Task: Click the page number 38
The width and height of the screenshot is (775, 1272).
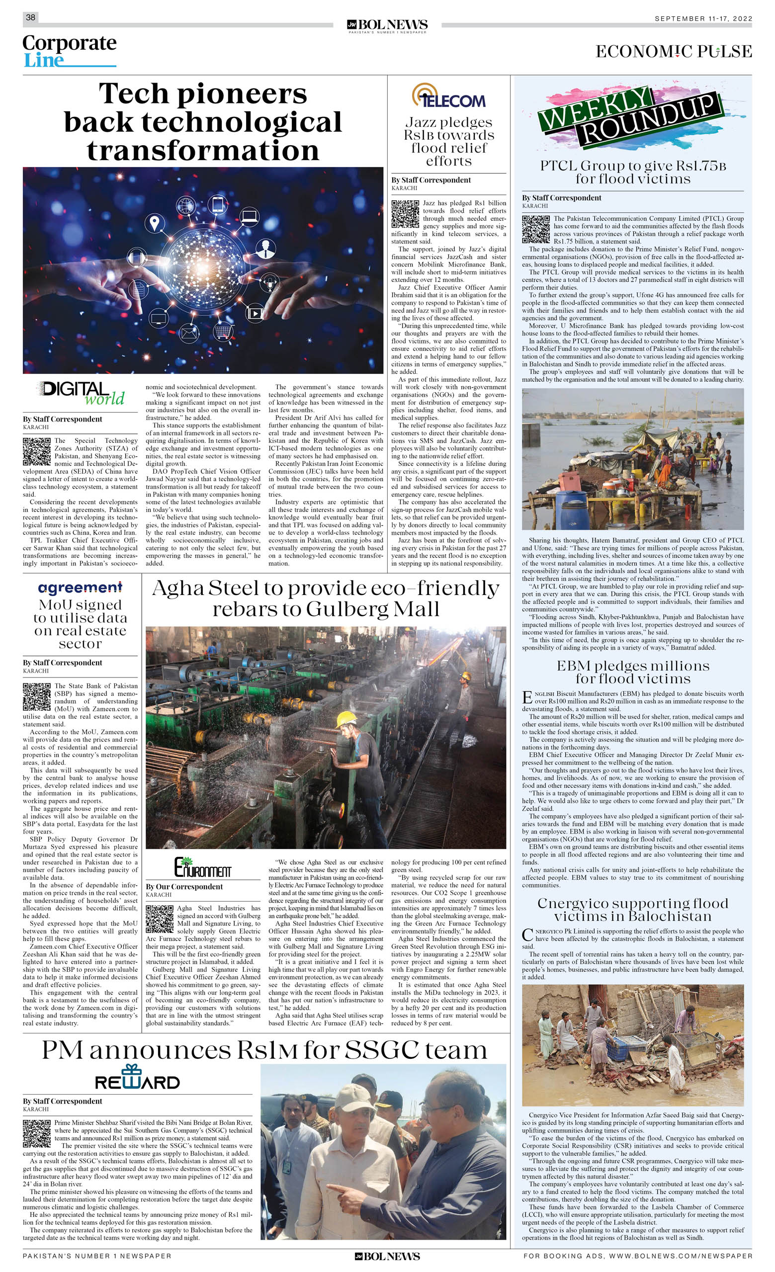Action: click(x=30, y=17)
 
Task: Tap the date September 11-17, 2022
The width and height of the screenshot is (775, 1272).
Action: click(x=703, y=18)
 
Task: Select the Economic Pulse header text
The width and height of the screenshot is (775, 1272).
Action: click(x=673, y=52)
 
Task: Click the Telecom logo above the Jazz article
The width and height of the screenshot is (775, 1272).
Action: click(x=448, y=96)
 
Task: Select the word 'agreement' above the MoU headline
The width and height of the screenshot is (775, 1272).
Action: click(x=80, y=588)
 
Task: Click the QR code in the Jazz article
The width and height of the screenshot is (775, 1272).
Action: click(x=405, y=214)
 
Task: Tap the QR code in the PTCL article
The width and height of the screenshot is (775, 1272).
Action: click(x=535, y=229)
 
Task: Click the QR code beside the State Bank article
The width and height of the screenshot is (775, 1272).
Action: click(x=37, y=696)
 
